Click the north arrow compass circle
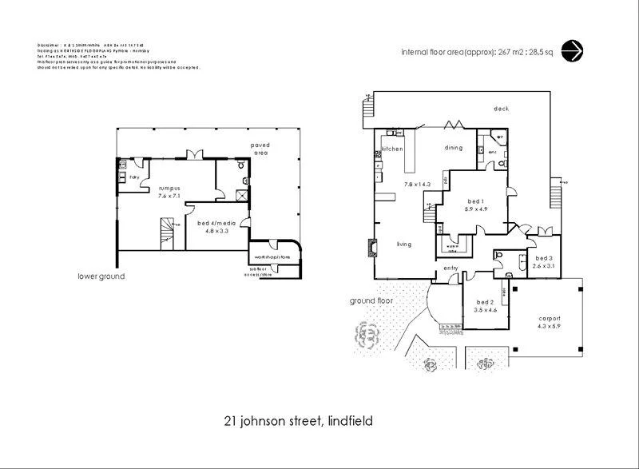coord(572,50)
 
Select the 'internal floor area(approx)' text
coord(450,51)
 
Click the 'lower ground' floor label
coord(101,276)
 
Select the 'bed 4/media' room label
coord(213,224)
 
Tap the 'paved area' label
coord(260,149)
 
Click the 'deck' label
coord(501,109)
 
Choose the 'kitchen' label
coord(392,149)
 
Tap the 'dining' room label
coord(454,148)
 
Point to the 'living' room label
coord(403,244)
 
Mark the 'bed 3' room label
coord(544,258)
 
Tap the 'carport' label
coord(547,318)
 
